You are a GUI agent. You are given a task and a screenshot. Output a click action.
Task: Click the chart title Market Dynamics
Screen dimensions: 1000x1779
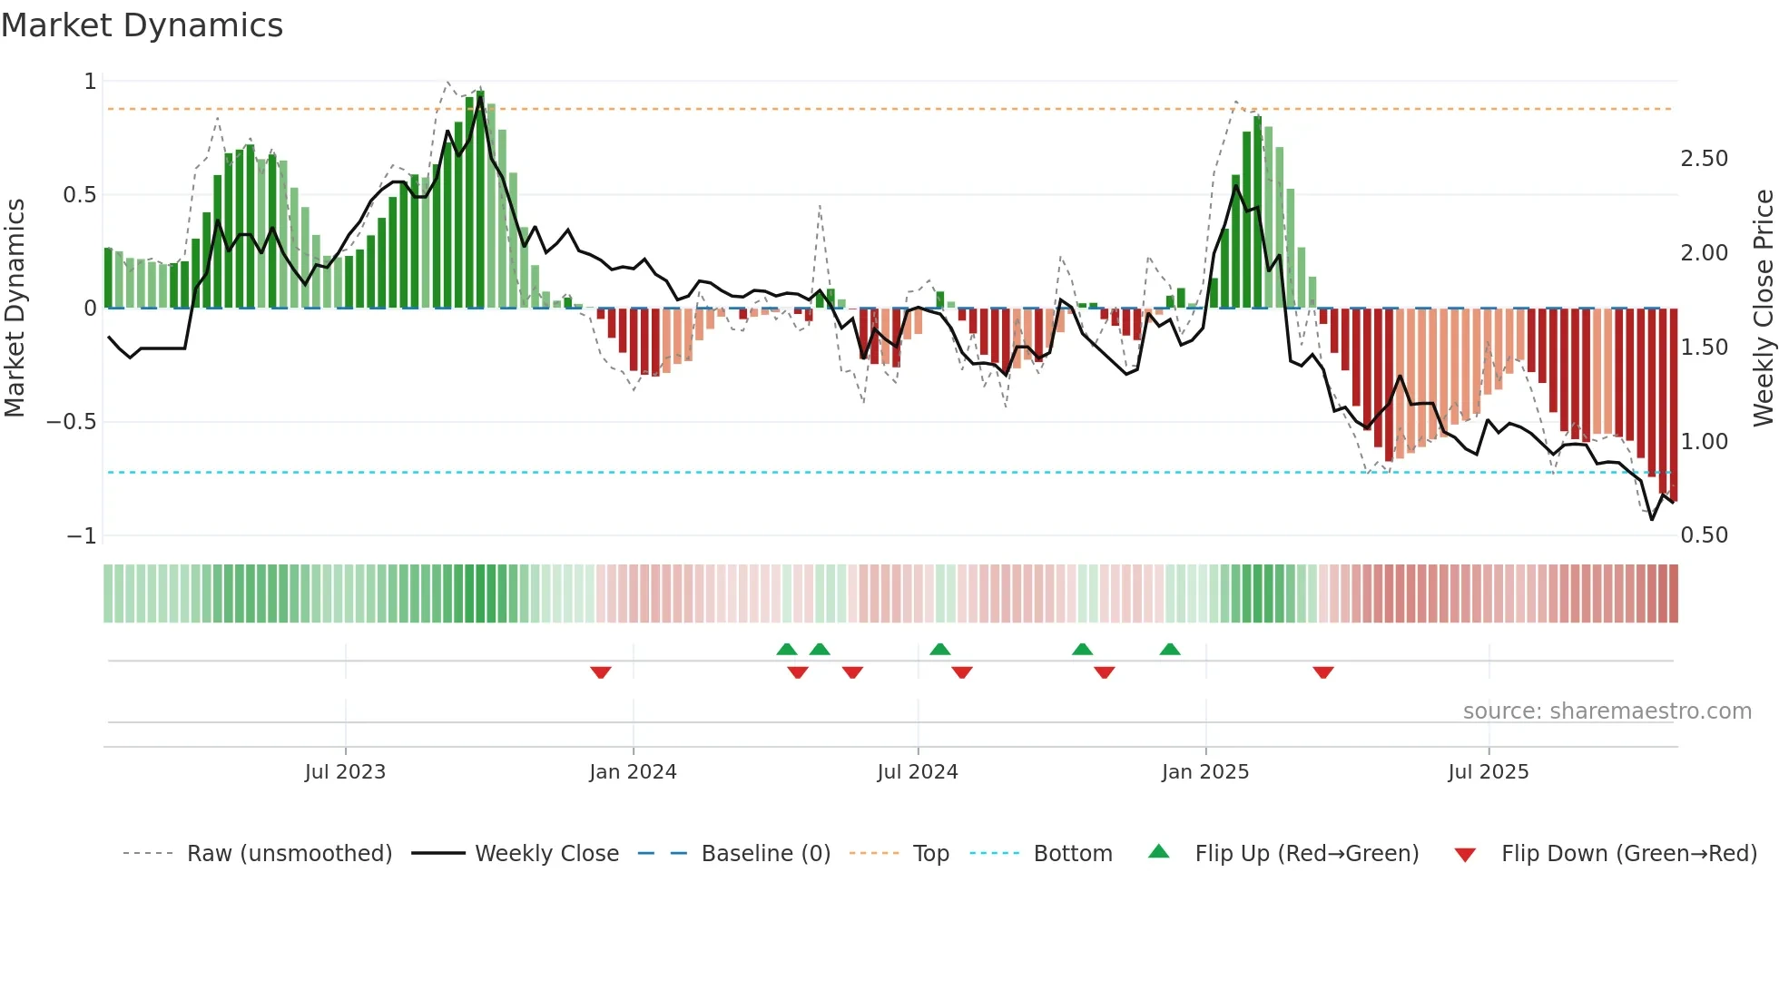[x=143, y=25]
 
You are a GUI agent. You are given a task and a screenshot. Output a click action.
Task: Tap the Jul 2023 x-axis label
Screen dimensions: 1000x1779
[x=345, y=771]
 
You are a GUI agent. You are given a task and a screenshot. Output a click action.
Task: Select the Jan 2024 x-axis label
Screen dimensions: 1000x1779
[x=633, y=771]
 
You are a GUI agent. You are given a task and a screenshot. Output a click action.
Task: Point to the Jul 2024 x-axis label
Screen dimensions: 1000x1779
[x=918, y=771]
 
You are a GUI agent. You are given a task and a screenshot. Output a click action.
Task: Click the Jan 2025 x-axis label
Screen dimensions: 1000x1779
[x=1205, y=771]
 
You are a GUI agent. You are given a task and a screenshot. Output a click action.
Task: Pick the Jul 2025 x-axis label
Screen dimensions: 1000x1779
[x=1489, y=771]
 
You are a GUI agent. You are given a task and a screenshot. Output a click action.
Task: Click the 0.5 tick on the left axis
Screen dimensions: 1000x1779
[x=80, y=195]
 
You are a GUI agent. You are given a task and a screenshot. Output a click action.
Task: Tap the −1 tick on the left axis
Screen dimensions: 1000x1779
[x=82, y=535]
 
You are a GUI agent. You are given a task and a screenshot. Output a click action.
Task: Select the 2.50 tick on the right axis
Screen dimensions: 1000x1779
[x=1704, y=159]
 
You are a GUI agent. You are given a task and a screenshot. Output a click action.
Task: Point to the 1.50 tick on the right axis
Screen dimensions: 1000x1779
[x=1704, y=348]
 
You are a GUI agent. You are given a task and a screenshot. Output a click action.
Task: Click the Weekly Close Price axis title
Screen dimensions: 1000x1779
[x=1763, y=308]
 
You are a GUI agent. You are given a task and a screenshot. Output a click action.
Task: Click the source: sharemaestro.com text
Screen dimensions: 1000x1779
[x=1607, y=711]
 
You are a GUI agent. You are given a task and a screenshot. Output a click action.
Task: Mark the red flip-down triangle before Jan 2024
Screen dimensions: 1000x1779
[x=601, y=672]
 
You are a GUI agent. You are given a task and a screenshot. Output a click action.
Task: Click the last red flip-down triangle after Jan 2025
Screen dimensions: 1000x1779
[x=1323, y=672]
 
